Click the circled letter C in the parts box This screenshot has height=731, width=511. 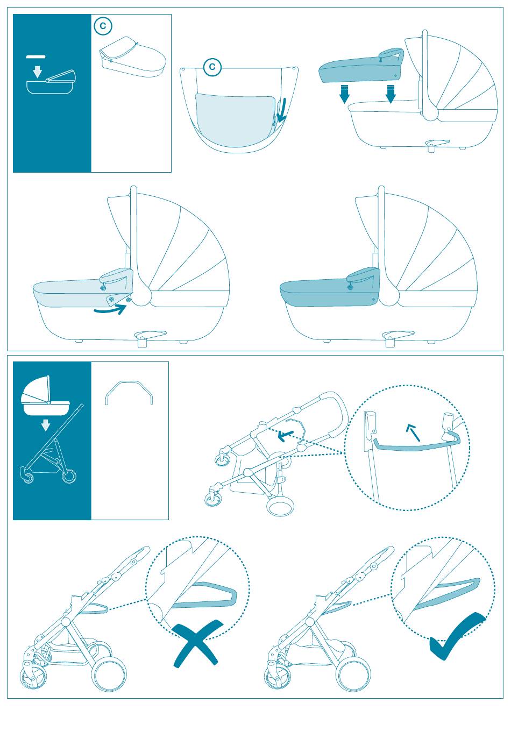pyautogui.click(x=103, y=26)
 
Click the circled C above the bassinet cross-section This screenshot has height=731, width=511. pyautogui.click(x=212, y=67)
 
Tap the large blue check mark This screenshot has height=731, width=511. pyautogui.click(x=458, y=637)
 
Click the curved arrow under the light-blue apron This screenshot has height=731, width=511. pyautogui.click(x=110, y=309)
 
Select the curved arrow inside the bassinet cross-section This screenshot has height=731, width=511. pyautogui.click(x=281, y=110)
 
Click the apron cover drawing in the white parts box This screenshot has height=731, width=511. pyautogui.click(x=132, y=56)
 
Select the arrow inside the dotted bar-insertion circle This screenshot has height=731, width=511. pyautogui.click(x=413, y=432)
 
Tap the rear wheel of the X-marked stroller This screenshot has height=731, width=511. pyautogui.click(x=109, y=673)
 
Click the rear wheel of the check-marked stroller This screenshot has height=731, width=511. pyautogui.click(x=353, y=673)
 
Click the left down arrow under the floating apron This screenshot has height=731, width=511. pyautogui.click(x=344, y=94)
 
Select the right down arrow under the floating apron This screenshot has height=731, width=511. pyautogui.click(x=391, y=94)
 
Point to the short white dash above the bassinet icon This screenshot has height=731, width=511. pyautogui.click(x=36, y=57)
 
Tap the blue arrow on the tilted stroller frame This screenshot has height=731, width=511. pyautogui.click(x=286, y=435)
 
